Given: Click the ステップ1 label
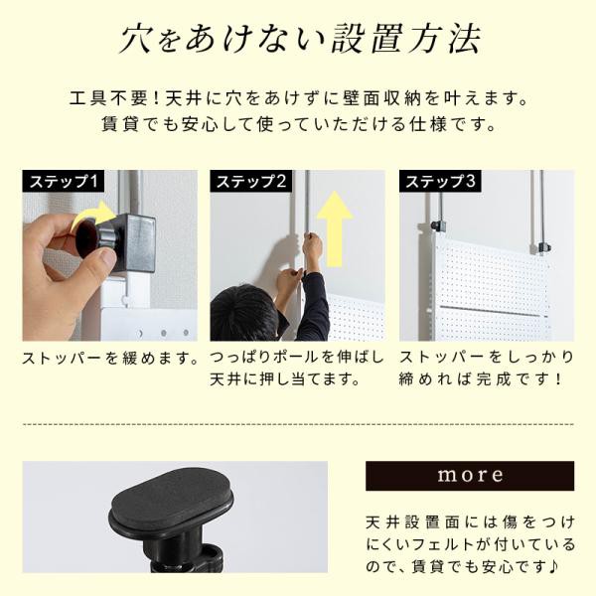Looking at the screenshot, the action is [64, 181].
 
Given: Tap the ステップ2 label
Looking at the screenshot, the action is [251, 181].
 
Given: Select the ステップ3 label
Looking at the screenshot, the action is [440, 181].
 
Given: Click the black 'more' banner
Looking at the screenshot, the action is [470, 476].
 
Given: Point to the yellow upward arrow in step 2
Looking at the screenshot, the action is [335, 228].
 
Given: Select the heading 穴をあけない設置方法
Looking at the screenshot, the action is [301, 39].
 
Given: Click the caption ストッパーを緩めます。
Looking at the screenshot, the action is [110, 358].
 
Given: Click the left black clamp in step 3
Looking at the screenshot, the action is [439, 225].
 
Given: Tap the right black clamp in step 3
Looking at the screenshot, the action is [540, 248].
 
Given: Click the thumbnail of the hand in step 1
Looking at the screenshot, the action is [110, 255].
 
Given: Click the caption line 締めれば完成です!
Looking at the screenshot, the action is [480, 379].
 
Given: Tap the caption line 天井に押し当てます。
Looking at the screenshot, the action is [284, 379].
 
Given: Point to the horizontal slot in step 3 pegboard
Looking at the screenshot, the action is [490, 311].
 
